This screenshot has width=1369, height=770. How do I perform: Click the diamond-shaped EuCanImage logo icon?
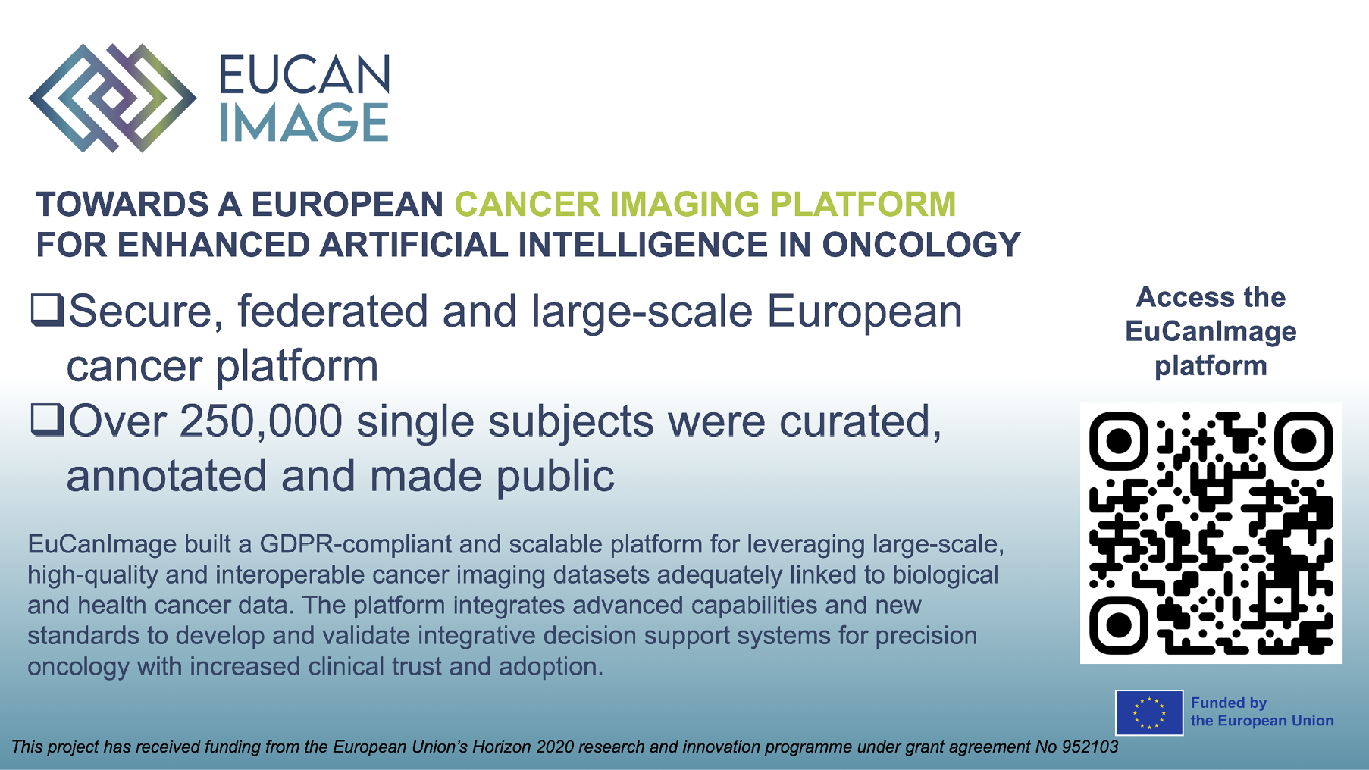(x=112, y=98)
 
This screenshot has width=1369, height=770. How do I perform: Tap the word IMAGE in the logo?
(x=304, y=123)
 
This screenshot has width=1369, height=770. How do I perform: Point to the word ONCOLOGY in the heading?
(x=921, y=245)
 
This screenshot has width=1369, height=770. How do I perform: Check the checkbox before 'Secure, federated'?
(x=47, y=310)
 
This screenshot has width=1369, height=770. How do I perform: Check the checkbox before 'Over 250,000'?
(x=47, y=420)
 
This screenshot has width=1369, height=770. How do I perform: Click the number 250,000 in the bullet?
(x=262, y=421)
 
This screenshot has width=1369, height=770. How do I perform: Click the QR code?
(x=1211, y=533)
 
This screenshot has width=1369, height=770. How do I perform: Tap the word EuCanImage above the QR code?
(x=1211, y=332)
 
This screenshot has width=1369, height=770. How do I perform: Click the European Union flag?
(x=1149, y=713)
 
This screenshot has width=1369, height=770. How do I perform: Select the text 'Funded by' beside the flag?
(x=1229, y=703)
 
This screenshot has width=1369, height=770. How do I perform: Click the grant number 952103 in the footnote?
(x=1090, y=747)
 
